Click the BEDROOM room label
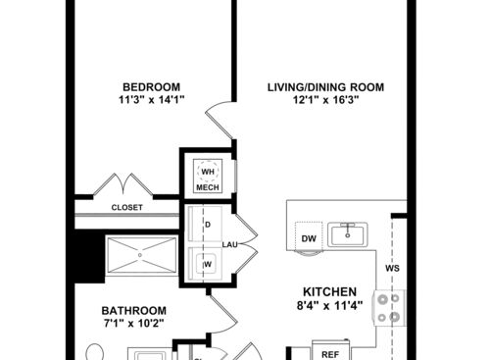149,85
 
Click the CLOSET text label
127,208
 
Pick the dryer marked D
208,224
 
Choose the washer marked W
208,264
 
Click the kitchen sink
346,233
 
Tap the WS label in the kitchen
391,268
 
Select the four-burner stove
388,308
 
